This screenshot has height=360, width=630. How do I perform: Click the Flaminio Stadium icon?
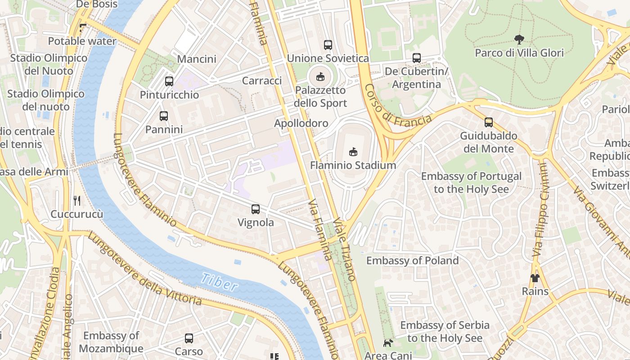pyautogui.click(x=353, y=152)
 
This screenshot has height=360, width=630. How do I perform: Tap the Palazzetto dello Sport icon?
pyautogui.click(x=320, y=77)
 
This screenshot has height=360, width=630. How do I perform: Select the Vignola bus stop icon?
pyautogui.click(x=256, y=209)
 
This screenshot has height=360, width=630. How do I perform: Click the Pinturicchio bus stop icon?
pyautogui.click(x=169, y=81)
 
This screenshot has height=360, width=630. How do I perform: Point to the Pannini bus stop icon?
pyautogui.click(x=164, y=116)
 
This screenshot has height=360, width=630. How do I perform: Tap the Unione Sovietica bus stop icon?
pyautogui.click(x=328, y=45)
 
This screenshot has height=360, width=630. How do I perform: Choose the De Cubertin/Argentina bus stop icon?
pyautogui.click(x=417, y=58)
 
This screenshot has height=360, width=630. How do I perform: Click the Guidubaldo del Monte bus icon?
pyautogui.click(x=489, y=122)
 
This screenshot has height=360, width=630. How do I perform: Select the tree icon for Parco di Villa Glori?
pyautogui.click(x=519, y=40)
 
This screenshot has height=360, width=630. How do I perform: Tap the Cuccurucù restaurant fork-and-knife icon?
pyautogui.click(x=77, y=200)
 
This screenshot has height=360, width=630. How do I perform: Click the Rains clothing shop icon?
pyautogui.click(x=535, y=278)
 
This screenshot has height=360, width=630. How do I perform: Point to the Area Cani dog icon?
pyautogui.click(x=388, y=343)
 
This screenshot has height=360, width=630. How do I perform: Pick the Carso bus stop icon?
pyautogui.click(x=189, y=338)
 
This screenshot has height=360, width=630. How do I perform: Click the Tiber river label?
pyautogui.click(x=219, y=282)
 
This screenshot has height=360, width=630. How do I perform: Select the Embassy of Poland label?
pyautogui.click(x=412, y=261)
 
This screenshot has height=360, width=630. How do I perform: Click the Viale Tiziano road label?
pyautogui.click(x=345, y=250)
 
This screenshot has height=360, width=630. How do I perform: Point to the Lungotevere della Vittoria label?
pyautogui.click(x=144, y=269)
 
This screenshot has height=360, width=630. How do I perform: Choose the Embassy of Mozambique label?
pyautogui.click(x=111, y=342)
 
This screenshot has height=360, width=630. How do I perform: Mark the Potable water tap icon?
pyautogui.click(x=82, y=28)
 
